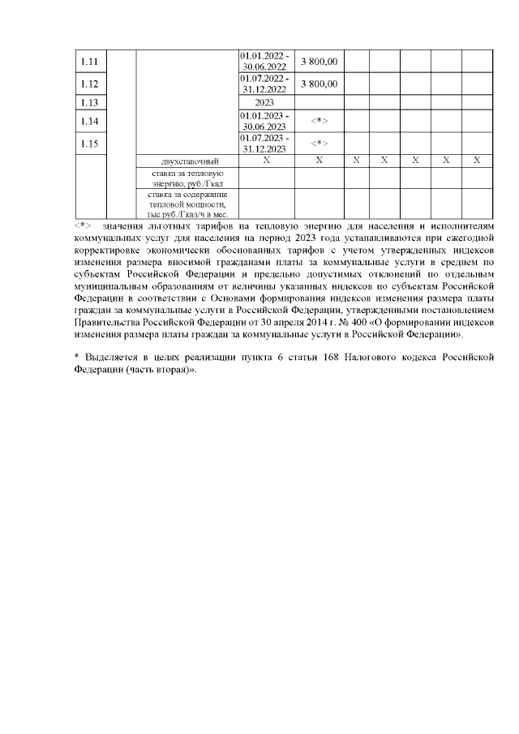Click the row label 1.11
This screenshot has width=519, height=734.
click(91, 62)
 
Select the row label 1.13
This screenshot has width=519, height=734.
click(91, 103)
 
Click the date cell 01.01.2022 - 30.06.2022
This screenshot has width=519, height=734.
click(264, 62)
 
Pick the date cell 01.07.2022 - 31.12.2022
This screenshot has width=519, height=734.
click(264, 84)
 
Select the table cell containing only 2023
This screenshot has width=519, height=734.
click(264, 103)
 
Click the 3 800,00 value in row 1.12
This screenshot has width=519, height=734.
click(320, 84)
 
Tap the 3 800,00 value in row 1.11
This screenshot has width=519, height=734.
click(320, 62)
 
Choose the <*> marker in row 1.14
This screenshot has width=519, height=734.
click(320, 122)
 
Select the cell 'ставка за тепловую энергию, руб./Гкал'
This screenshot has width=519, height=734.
click(187, 178)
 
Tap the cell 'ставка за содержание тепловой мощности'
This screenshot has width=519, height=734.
click(187, 204)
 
